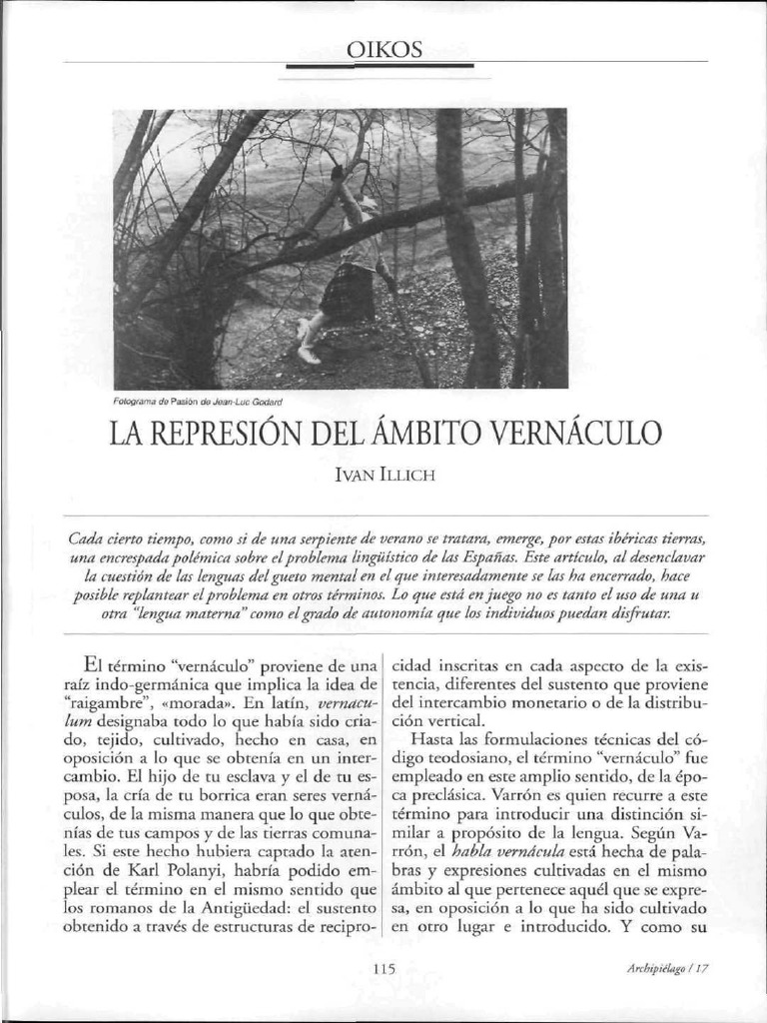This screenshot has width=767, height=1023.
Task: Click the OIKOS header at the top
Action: click(x=384, y=47)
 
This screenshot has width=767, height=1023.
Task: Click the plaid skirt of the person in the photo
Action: click(x=348, y=293)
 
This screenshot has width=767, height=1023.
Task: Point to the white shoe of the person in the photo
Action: click(x=309, y=354)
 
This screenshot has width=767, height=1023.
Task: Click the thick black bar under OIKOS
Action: click(x=383, y=66)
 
